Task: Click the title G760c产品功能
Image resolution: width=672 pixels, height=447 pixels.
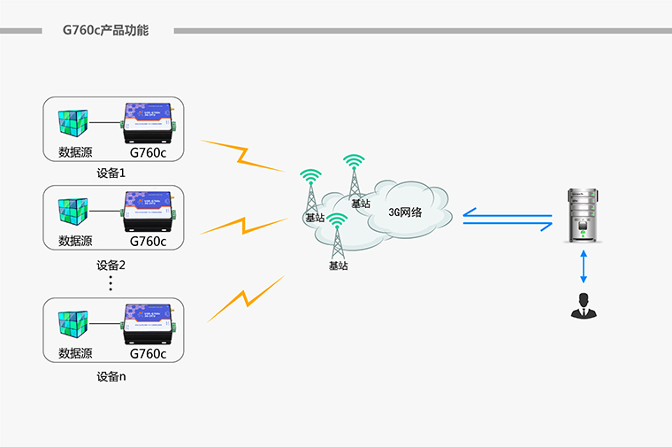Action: [105, 30]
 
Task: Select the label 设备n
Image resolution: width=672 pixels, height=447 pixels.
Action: [111, 376]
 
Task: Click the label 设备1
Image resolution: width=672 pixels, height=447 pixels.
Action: [111, 173]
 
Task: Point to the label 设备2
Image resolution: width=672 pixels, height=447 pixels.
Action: [111, 265]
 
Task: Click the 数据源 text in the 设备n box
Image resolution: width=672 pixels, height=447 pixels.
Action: [75, 353]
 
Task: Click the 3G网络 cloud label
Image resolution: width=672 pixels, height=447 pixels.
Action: [405, 212]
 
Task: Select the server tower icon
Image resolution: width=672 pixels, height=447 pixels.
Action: [584, 216]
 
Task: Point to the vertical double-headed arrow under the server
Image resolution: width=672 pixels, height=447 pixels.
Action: [584, 266]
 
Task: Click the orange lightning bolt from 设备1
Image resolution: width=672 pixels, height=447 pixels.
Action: [241, 156]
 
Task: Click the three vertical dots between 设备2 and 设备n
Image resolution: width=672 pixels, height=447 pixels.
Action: [111, 282]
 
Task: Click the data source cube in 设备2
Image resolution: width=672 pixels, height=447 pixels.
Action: [75, 212]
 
